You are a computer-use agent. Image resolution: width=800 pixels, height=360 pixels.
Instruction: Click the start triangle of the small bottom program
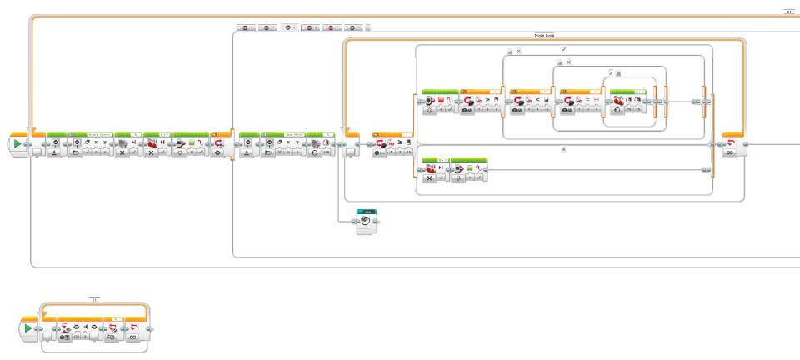click(27, 328)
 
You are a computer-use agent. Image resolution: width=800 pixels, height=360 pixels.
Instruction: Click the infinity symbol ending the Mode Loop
click(731, 153)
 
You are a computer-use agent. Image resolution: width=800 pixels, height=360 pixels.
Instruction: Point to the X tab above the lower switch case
click(564, 149)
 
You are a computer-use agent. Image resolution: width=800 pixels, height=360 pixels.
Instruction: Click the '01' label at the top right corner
click(788, 12)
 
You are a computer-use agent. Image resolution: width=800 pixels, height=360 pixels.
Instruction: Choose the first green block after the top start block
click(56, 144)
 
